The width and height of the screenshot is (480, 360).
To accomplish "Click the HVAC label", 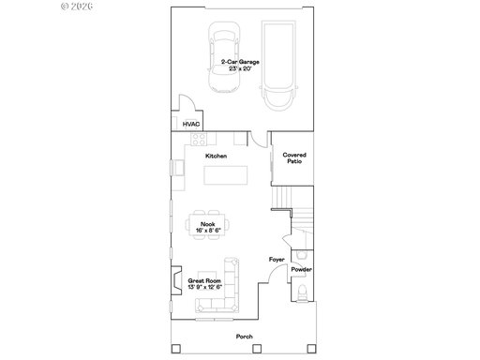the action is [x=191, y=125].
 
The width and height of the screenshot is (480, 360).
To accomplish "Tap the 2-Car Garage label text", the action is [x=240, y=62].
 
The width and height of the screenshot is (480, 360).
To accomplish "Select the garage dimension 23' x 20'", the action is [x=240, y=68].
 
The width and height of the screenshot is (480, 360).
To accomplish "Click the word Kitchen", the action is [x=217, y=156].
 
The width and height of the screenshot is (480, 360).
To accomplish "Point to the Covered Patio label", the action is [x=294, y=158].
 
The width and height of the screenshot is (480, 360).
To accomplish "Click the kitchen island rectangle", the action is [x=226, y=175].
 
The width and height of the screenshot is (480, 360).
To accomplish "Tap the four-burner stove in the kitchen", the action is [x=199, y=139].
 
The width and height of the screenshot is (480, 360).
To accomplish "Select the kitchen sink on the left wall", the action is [x=179, y=168].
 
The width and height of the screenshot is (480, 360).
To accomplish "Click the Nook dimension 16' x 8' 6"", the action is [x=208, y=231].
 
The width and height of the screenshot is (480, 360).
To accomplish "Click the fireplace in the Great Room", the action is [x=176, y=280].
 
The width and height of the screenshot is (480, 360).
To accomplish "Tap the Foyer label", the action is [x=277, y=260].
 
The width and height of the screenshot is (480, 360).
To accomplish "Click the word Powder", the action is [x=302, y=269].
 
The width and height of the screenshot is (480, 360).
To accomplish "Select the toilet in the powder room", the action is [x=302, y=293].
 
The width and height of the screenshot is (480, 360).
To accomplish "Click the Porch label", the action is [x=245, y=337].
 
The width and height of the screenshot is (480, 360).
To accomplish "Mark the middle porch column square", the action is [x=257, y=349].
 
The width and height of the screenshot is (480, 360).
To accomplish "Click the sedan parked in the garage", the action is [x=224, y=57].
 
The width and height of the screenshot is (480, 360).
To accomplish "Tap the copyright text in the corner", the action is [x=77, y=7].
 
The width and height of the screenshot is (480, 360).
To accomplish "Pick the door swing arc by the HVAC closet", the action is [x=189, y=100].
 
